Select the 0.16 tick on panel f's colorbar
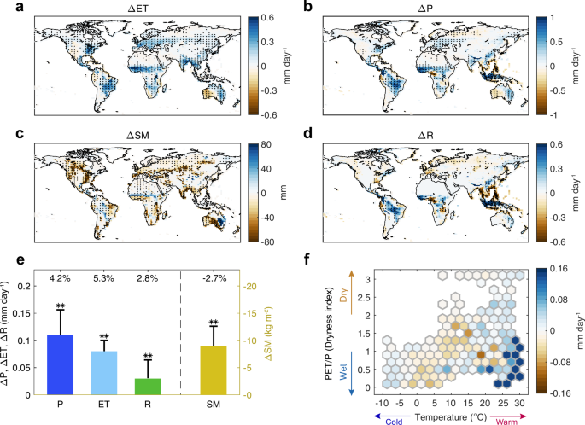click(x=554, y=269)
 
